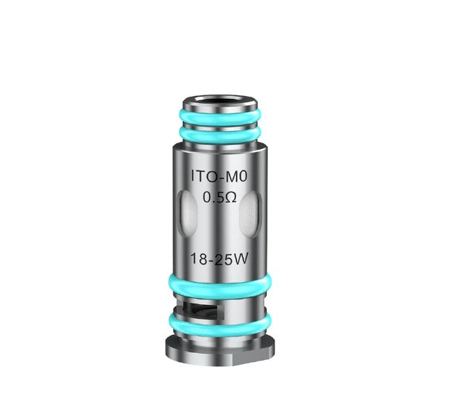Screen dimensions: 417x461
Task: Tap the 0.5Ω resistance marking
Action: pos(219,197)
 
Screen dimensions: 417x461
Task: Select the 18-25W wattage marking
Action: pos(219,260)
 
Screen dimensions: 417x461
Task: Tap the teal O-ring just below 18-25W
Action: pos(219,286)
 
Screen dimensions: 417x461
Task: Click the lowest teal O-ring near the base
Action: pos(219,324)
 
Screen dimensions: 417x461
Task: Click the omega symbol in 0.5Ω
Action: pos(230,197)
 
